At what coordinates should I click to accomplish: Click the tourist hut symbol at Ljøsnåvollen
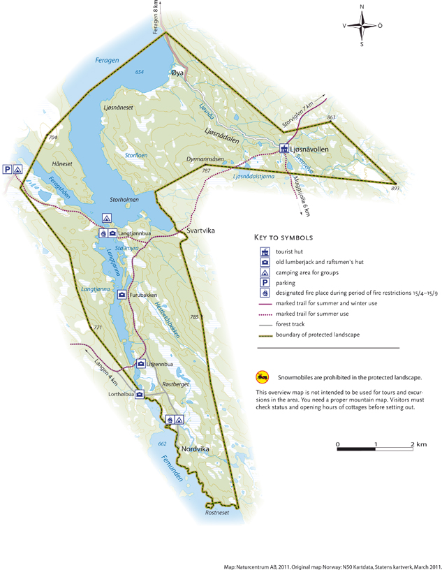[x=284, y=149]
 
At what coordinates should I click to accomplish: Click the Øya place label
[x=177, y=73]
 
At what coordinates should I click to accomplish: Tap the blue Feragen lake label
[x=108, y=61]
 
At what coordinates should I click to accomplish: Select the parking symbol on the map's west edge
[x=7, y=169]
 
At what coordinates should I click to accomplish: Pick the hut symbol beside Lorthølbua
[x=140, y=395]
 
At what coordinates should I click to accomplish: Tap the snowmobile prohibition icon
[x=261, y=377]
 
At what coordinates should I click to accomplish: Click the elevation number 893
[x=395, y=189]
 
